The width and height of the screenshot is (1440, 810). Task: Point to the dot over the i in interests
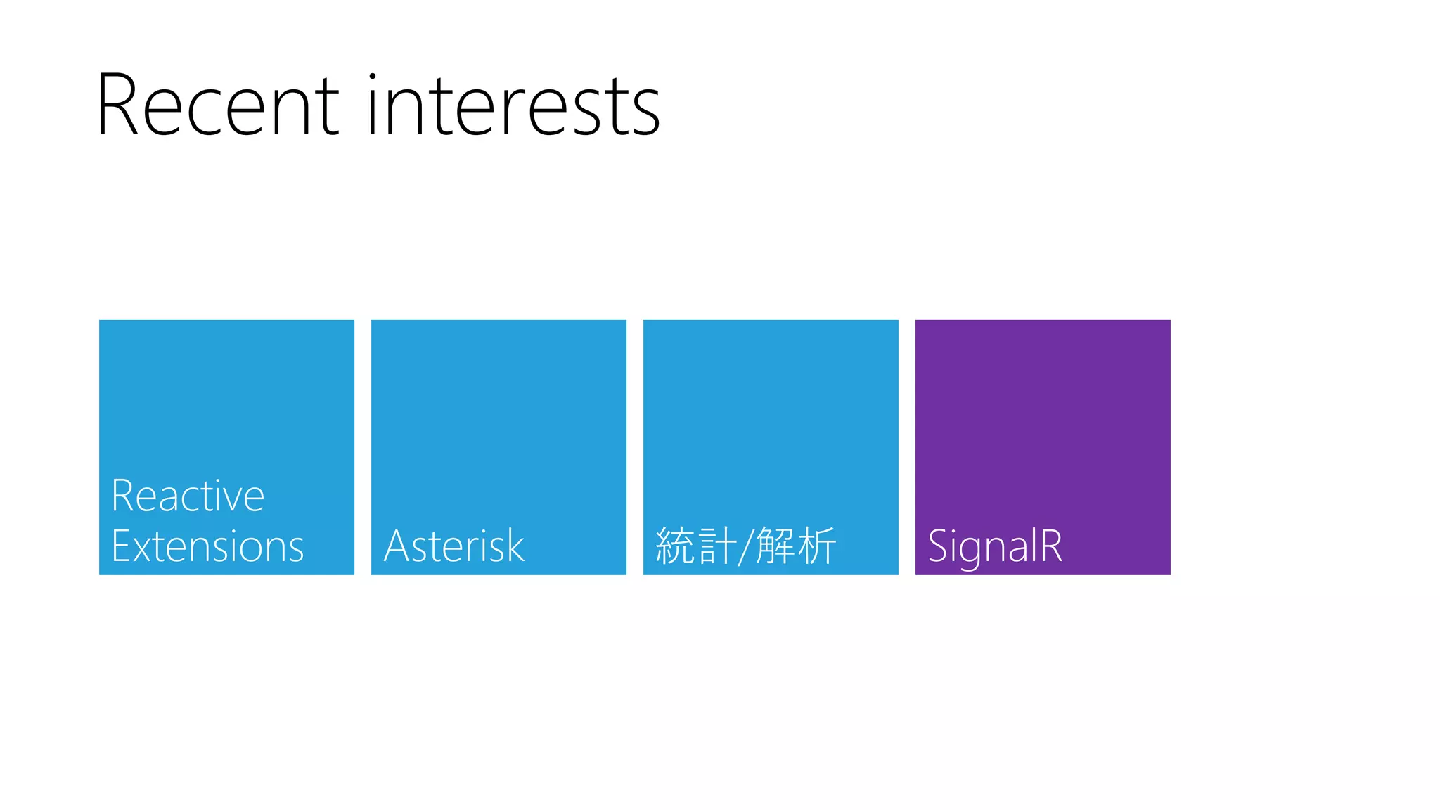[x=373, y=76]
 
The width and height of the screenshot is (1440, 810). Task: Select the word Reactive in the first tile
[x=188, y=496]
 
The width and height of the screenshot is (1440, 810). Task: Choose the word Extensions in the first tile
[x=207, y=546]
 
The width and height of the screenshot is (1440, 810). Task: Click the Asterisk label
[x=454, y=546]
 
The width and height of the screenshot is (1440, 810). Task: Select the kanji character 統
[x=674, y=546]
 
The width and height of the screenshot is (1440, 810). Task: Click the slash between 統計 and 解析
[x=746, y=546]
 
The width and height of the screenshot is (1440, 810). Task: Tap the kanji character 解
[x=775, y=546]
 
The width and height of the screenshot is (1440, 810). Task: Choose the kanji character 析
[x=817, y=546]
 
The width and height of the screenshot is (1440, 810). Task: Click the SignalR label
[x=995, y=546]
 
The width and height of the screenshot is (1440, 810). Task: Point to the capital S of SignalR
[x=939, y=546]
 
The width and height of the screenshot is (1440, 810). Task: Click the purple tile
[x=1043, y=422]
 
